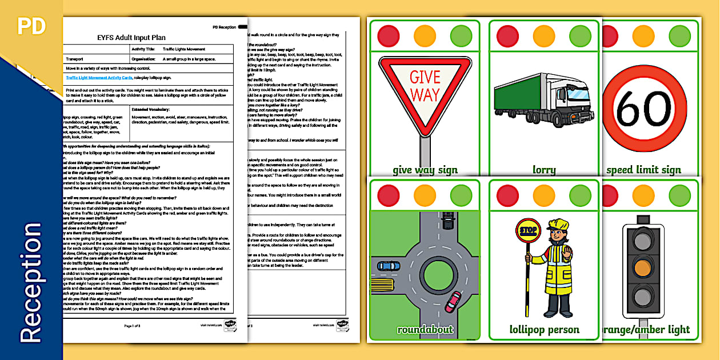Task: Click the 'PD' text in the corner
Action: [31, 26]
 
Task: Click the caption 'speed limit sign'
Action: [643, 169]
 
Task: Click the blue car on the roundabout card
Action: [389, 265]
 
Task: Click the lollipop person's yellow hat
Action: [555, 224]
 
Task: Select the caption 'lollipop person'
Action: [544, 330]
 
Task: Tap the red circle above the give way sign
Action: [389, 35]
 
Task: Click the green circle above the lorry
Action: [581, 35]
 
